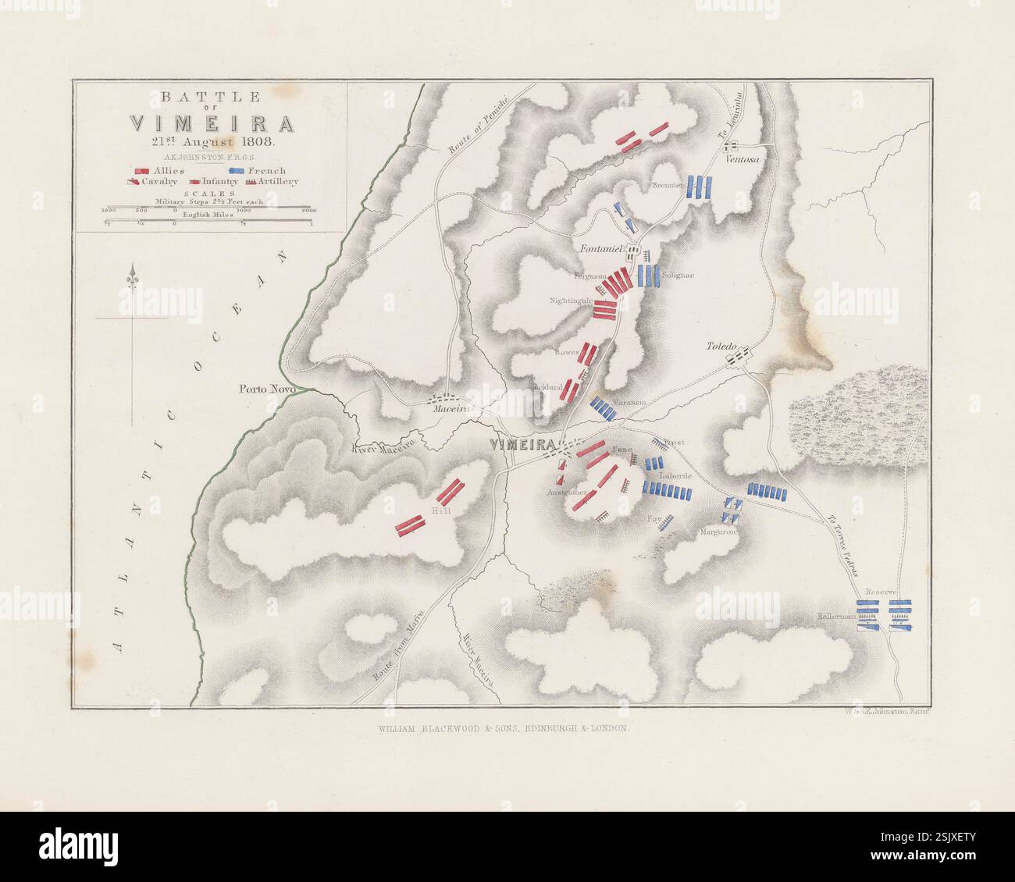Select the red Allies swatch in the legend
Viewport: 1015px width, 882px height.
click(x=142, y=170)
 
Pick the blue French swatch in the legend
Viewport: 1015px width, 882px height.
click(x=238, y=170)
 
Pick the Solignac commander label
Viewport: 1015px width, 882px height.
click(x=678, y=275)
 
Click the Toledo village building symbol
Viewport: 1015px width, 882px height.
click(x=739, y=358)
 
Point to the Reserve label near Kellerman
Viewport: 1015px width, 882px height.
click(x=888, y=592)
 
